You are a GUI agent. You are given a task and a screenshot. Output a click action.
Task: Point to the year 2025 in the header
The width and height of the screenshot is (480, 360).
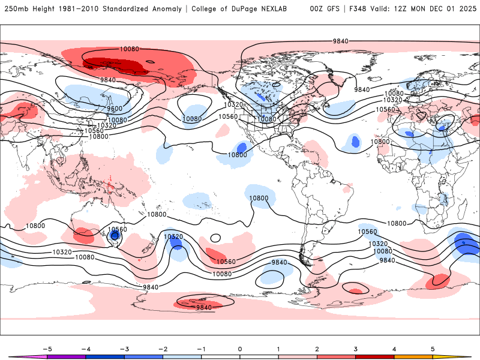pyautogui.click(x=465, y=9)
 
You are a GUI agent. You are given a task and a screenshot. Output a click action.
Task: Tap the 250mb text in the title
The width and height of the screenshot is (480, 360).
pyautogui.click(x=16, y=9)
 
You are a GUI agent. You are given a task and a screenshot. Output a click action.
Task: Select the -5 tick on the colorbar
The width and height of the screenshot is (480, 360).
pyautogui.click(x=49, y=349)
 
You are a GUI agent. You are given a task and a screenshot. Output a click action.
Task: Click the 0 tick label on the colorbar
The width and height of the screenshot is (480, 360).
pyautogui.click(x=240, y=349)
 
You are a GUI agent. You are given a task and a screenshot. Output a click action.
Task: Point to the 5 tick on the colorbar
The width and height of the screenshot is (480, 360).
pyautogui.click(x=433, y=349)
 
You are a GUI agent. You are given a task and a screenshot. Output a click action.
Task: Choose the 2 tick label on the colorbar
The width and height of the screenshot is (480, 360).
pyautogui.click(x=317, y=349)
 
